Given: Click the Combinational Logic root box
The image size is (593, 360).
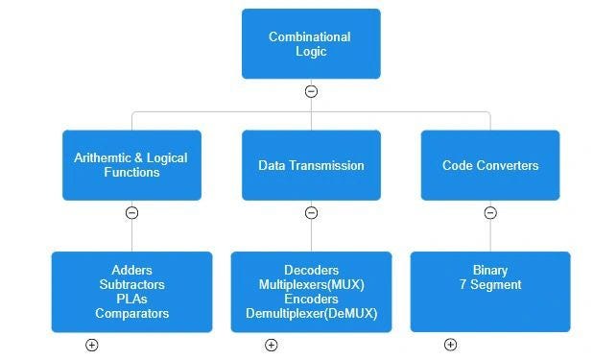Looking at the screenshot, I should [310, 44].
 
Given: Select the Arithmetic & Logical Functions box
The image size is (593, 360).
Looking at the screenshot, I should [131, 165].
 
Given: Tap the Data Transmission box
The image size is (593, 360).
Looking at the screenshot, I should [311, 165].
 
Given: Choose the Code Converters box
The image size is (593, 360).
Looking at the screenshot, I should [489, 165].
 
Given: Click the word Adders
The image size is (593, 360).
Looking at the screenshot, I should [131, 271].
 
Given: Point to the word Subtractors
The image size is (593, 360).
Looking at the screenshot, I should [131, 285].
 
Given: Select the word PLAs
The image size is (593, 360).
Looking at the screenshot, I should [131, 300].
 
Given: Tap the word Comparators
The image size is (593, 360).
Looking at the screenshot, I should [131, 314].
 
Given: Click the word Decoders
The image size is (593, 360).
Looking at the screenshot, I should [311, 271].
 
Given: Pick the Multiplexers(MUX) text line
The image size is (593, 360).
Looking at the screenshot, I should [311, 285].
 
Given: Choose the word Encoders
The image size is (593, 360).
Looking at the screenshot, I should [311, 300].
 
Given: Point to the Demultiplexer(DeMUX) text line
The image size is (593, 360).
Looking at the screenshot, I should [311, 314].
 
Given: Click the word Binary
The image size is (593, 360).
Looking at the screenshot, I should [489, 271].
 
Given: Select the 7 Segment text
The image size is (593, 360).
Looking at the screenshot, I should [489, 285].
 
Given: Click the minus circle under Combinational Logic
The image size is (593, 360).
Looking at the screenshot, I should [311, 92].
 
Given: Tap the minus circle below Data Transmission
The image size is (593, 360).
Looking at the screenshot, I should [311, 213].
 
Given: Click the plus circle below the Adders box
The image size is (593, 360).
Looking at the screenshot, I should [92, 345].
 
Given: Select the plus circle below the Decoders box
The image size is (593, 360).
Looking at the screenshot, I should [271, 345].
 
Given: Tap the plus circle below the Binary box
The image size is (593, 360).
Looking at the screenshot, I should [450, 345].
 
